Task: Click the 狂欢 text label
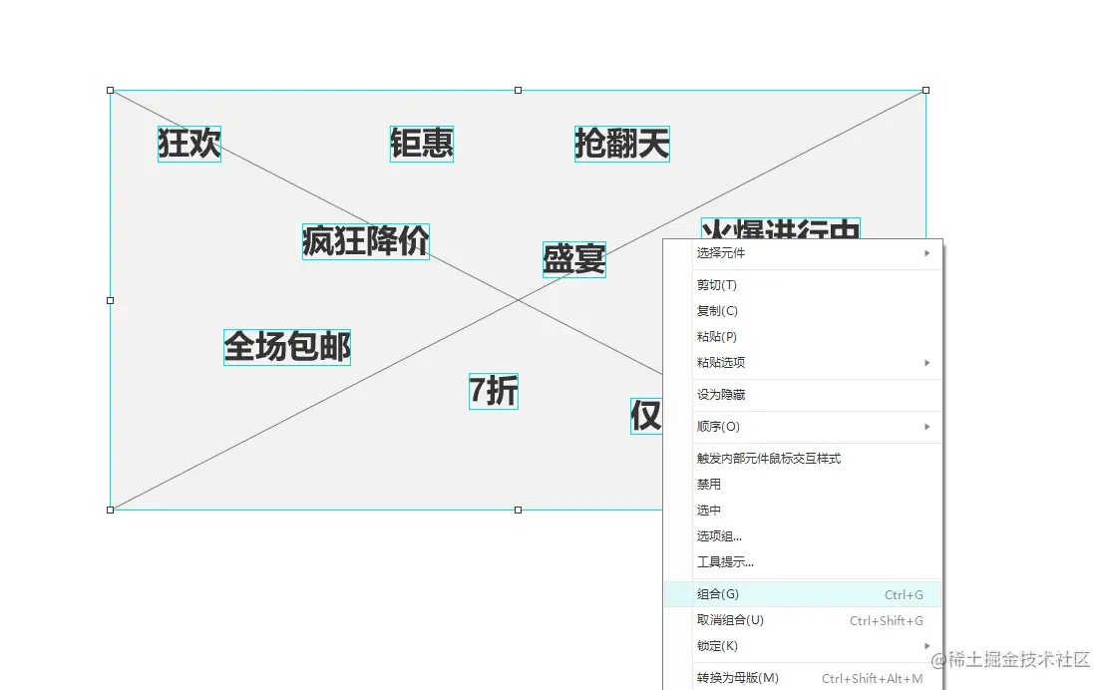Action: click(188, 144)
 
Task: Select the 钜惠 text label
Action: click(422, 144)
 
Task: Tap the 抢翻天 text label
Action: click(621, 144)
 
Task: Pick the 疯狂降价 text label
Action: click(366, 241)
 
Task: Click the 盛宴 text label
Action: click(573, 259)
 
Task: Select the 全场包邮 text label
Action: click(287, 347)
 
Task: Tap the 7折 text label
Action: click(494, 391)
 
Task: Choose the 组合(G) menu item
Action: click(718, 594)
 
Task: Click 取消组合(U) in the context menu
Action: click(730, 620)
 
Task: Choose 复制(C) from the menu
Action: click(717, 311)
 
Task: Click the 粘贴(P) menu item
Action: click(717, 337)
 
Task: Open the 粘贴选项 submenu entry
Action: click(721, 363)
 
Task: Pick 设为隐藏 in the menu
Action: click(721, 395)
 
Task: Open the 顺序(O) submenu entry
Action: click(718, 427)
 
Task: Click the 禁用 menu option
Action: click(709, 485)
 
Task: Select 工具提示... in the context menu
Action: click(725, 562)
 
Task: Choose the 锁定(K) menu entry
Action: click(717, 646)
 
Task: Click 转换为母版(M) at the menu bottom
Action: click(737, 678)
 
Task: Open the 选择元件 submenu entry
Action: click(721, 253)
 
